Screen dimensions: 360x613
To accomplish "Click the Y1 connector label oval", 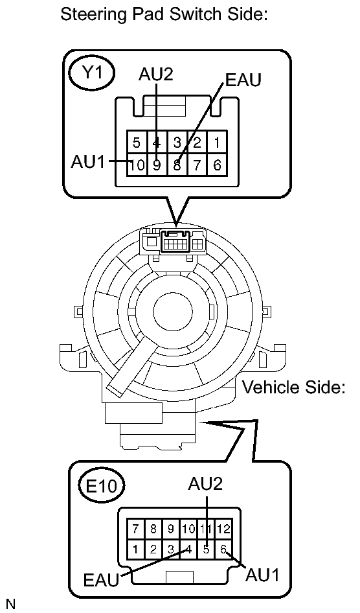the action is [91, 75].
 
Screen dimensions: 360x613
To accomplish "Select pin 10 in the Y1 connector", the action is [137, 165].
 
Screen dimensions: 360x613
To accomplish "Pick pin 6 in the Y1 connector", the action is [217, 165].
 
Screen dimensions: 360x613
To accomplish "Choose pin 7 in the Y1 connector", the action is [197, 165].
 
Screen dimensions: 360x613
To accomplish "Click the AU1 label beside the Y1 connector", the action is [88, 161].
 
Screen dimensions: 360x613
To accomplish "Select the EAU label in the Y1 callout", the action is [242, 80].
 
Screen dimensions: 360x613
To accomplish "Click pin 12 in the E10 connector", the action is [223, 529].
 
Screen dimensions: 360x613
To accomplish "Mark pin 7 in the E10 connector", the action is [135, 529].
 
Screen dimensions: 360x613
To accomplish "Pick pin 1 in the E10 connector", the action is [135, 549].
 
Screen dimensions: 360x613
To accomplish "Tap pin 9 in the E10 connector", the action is [171, 529].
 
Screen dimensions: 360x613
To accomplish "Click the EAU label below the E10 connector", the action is [102, 579].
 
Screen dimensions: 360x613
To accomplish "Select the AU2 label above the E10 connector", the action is [205, 483].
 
